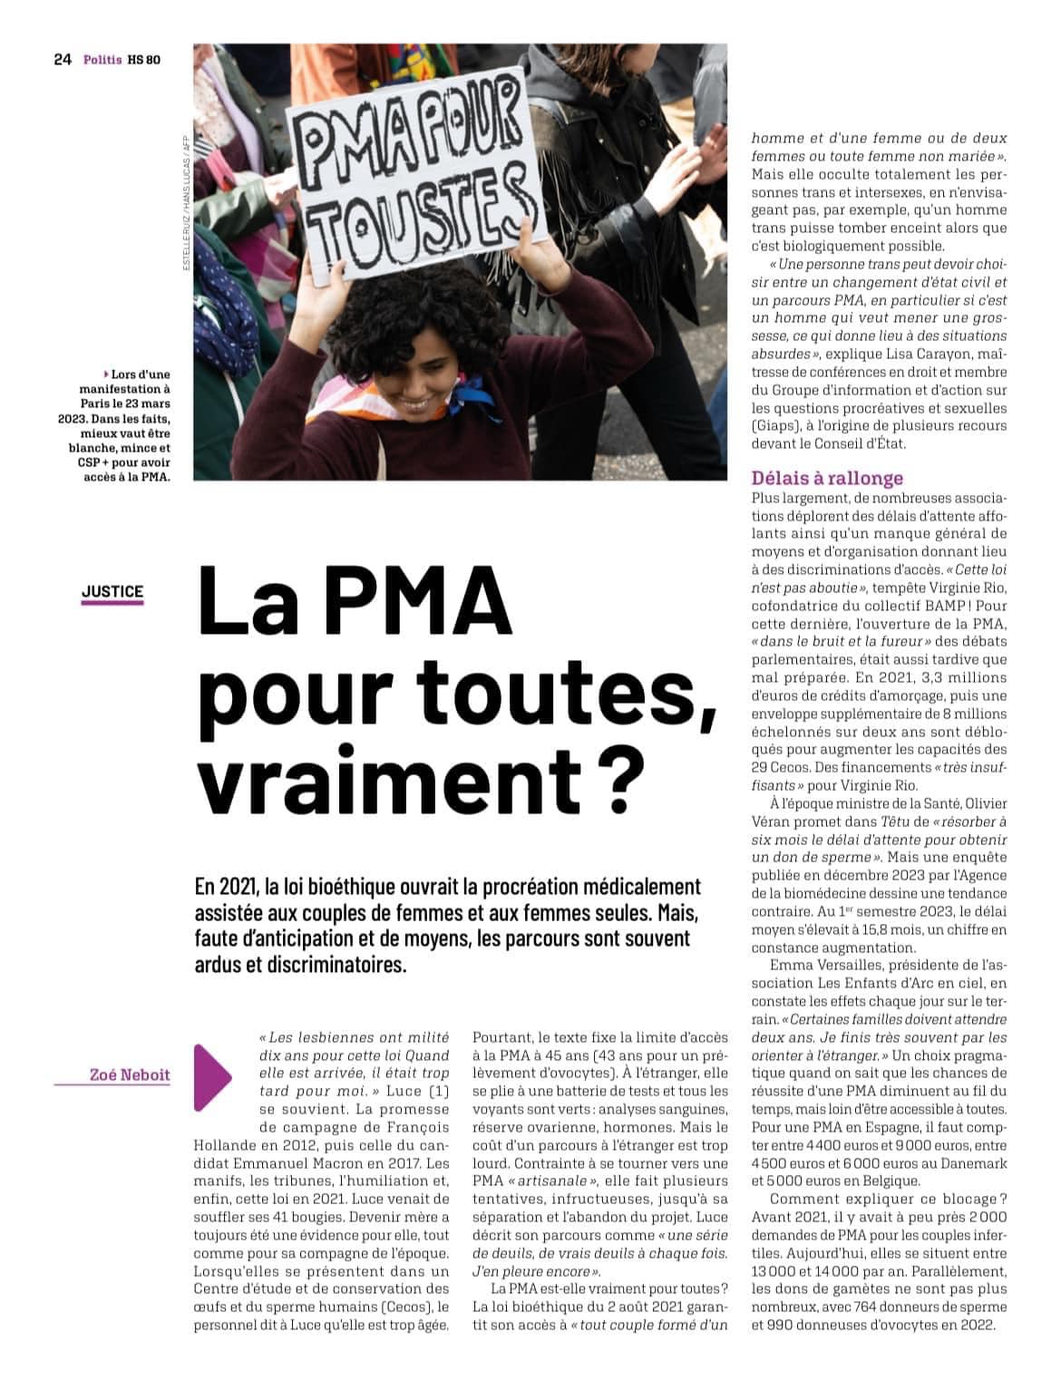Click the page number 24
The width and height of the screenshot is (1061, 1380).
[x=62, y=61]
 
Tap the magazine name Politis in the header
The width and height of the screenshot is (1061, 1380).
[x=102, y=61]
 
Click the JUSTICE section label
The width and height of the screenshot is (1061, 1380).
[x=112, y=592]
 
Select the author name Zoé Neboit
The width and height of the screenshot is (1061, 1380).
[x=130, y=1074]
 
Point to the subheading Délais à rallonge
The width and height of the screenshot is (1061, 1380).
[x=827, y=478]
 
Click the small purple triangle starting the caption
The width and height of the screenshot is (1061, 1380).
[x=106, y=374]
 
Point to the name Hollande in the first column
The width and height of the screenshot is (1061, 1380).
[x=225, y=1145]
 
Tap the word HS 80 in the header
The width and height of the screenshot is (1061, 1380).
[x=144, y=61]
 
